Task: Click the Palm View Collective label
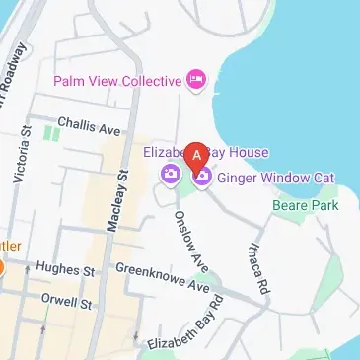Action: coord(118,80)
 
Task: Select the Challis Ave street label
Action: coord(88,128)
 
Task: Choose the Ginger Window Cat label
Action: coord(275,178)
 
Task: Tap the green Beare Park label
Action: coord(306,205)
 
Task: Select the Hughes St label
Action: coord(64,269)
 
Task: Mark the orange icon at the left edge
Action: coord(2,267)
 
